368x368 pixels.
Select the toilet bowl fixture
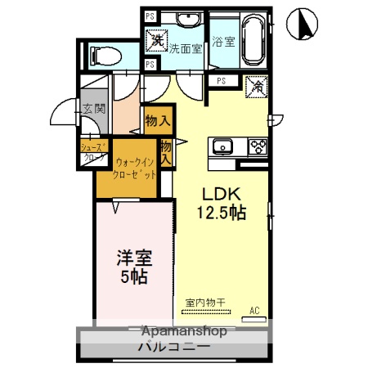(104, 56)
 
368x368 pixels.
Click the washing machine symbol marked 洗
(155, 38)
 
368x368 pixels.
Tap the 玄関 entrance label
(93, 109)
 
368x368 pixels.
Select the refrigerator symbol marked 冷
(255, 83)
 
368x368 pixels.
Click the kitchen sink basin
(222, 147)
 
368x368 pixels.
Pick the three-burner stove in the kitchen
(258, 147)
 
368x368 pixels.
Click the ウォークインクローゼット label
(135, 169)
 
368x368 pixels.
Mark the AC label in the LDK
(254, 310)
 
